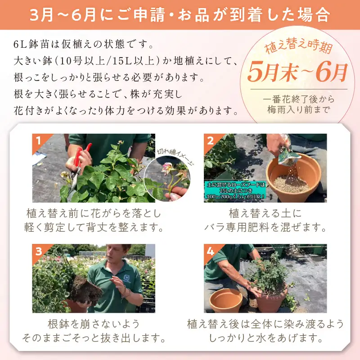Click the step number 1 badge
tap(38, 140)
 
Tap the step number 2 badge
tap(210, 140)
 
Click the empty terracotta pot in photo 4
tap(227, 300)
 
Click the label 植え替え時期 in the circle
tap(298, 46)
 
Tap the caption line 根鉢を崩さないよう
tap(94, 324)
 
